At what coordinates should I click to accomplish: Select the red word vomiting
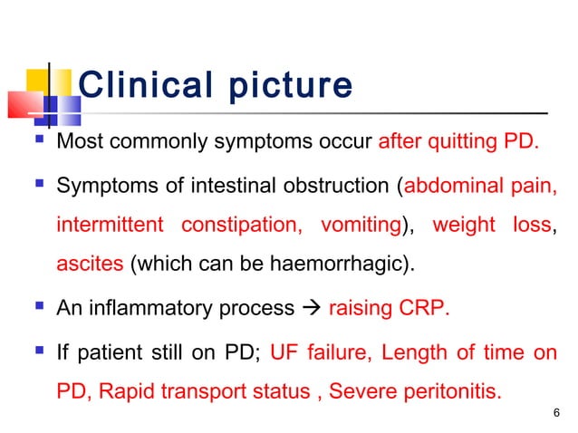355,225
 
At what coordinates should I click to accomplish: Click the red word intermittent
110,225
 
